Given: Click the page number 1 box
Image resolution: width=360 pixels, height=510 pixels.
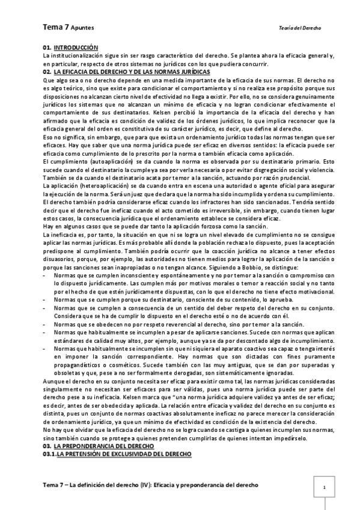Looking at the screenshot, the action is tap(324, 487).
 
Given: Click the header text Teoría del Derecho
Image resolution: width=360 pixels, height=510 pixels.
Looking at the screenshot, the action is tap(301, 28).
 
